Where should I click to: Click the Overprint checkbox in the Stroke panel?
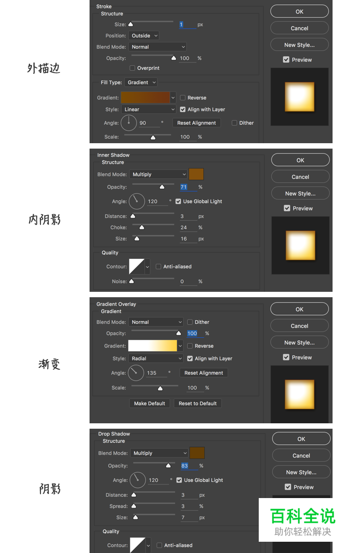[132, 68]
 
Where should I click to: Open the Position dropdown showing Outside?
[144, 36]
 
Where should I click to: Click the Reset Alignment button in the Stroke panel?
[197, 123]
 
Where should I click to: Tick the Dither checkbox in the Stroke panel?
[234, 123]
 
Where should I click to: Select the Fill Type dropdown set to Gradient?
[141, 82]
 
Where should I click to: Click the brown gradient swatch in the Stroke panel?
[145, 97]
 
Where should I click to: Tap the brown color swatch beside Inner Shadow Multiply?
[196, 174]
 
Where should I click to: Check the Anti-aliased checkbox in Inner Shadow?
[158, 267]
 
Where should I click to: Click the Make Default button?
[149, 403]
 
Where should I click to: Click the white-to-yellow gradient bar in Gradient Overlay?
[153, 346]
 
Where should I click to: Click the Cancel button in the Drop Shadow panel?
[301, 456]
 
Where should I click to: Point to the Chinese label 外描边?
[44, 68]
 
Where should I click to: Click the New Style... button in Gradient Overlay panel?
[299, 343]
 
